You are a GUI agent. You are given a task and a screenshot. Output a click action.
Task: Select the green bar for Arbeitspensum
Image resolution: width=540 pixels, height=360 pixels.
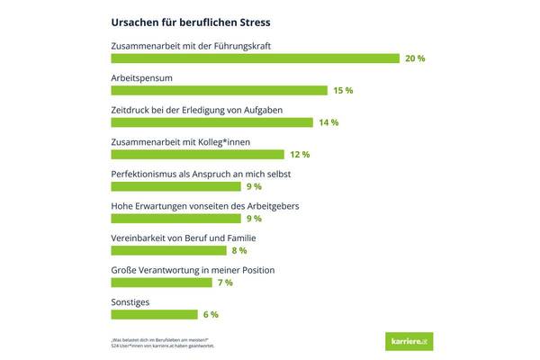pyautogui.click(x=219, y=90)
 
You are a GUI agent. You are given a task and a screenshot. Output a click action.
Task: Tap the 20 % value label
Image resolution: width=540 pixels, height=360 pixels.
pyautogui.click(x=415, y=58)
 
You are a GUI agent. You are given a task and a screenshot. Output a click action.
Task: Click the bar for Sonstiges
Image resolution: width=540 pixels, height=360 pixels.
pyautogui.click(x=154, y=314)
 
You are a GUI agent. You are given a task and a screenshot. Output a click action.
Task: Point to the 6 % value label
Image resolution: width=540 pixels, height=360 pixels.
pyautogui.click(x=209, y=314)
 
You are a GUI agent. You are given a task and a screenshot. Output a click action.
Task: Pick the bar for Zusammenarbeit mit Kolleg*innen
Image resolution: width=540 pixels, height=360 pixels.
pyautogui.click(x=197, y=154)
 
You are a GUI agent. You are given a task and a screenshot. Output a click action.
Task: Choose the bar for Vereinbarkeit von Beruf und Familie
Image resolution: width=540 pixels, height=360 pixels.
pyautogui.click(x=168, y=250)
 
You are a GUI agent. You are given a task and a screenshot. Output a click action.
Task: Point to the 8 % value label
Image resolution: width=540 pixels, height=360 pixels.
pyautogui.click(x=238, y=250)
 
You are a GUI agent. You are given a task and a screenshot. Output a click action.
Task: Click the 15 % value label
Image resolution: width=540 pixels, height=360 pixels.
pyautogui.click(x=343, y=91)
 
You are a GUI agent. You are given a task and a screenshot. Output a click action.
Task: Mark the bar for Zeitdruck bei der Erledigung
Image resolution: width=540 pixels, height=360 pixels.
pyautogui.click(x=211, y=122)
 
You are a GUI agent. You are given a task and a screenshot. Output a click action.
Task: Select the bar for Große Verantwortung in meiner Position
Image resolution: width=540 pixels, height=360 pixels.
pyautogui.click(x=161, y=283)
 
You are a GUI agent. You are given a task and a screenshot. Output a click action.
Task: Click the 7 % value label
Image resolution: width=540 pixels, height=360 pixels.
pyautogui.click(x=224, y=283)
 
